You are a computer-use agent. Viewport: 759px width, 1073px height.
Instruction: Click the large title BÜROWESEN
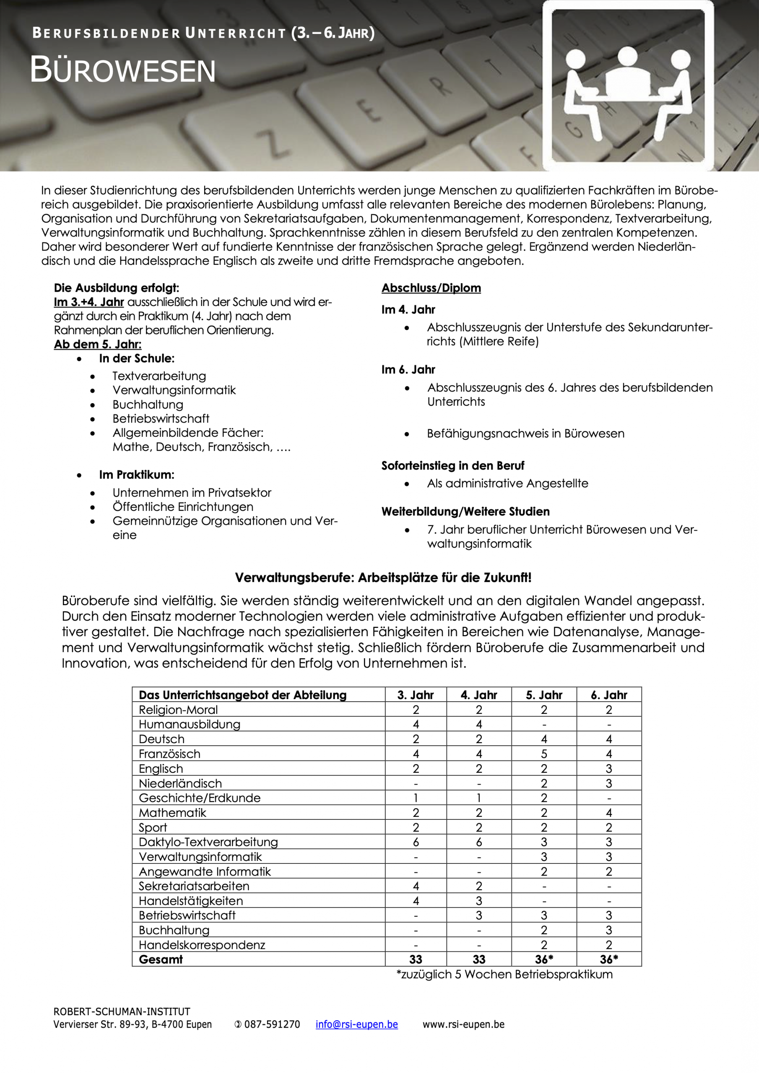click(x=122, y=70)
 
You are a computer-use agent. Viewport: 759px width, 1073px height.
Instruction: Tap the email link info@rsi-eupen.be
click(x=356, y=1024)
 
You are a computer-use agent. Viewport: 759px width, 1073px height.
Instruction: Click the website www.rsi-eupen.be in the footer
click(x=463, y=1024)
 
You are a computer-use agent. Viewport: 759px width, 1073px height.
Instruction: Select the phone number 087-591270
click(x=272, y=1024)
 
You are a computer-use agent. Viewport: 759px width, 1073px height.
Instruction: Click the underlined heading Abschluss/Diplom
click(x=431, y=288)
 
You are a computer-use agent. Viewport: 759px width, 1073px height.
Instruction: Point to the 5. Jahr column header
click(x=543, y=695)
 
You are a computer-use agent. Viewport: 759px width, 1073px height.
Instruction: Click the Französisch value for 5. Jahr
click(x=543, y=754)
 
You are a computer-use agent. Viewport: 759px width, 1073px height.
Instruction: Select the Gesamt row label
click(x=161, y=959)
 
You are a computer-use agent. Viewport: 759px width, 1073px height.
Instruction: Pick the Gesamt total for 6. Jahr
click(x=608, y=959)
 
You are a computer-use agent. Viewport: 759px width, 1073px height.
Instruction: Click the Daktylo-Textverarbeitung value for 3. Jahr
click(x=415, y=842)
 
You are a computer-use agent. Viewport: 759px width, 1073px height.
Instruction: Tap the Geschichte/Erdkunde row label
click(x=199, y=798)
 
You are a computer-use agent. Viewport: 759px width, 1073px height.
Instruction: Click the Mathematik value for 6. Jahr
click(x=608, y=813)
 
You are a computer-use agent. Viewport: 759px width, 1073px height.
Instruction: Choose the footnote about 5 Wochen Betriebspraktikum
click(x=504, y=975)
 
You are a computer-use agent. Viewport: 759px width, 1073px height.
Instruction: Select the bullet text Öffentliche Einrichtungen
click(x=182, y=507)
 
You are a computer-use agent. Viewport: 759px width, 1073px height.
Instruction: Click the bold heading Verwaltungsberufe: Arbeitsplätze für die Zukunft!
click(x=383, y=578)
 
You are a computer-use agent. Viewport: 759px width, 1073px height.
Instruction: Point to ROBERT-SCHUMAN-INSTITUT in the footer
click(x=122, y=1011)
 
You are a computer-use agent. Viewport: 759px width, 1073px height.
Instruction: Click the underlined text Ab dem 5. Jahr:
click(x=97, y=345)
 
